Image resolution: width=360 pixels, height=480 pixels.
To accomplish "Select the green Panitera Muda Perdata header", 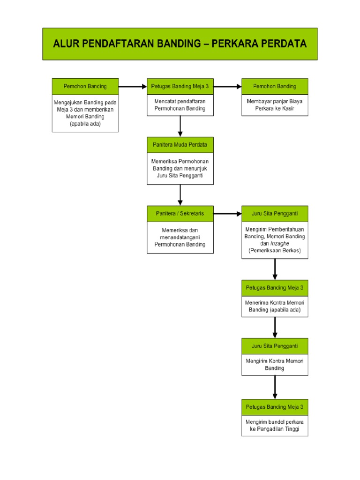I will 180,145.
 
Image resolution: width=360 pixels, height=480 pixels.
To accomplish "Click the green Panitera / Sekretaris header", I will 180,213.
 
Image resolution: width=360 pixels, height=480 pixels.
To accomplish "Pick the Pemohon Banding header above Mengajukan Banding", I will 85,86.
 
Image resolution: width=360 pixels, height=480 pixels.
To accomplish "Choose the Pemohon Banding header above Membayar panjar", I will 275,86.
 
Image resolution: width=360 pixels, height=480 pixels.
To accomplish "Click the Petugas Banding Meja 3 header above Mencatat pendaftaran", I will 180,86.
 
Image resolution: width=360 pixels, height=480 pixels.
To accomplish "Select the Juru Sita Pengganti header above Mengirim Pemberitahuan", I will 275,213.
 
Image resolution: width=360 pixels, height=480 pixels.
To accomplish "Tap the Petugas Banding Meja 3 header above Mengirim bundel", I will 275,407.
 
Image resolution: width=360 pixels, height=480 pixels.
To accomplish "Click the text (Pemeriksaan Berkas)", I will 275,251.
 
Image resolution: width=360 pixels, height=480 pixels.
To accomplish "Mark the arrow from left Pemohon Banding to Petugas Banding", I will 133,86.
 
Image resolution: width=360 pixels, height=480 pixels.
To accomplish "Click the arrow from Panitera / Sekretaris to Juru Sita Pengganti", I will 227,213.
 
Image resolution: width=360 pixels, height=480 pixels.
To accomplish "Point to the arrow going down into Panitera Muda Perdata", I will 180,127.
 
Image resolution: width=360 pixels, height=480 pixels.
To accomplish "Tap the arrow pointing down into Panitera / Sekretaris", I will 180,195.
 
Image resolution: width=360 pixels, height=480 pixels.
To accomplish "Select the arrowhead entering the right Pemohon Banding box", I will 238,86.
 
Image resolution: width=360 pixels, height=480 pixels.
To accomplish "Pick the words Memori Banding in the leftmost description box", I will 85,116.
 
